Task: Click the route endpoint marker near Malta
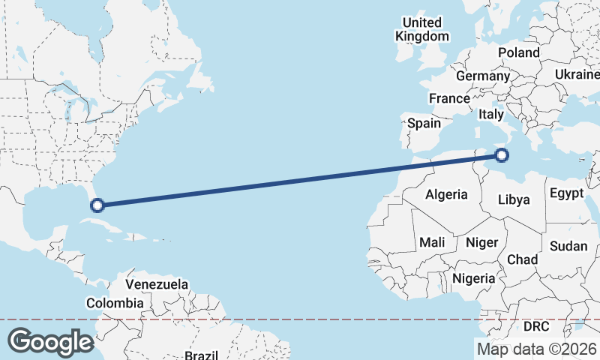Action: click(502, 156)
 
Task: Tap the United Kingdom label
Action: click(422, 29)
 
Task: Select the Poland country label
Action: click(518, 52)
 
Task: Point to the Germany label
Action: click(482, 76)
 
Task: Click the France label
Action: click(449, 98)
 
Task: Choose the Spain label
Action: click(424, 123)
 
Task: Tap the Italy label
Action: click(490, 115)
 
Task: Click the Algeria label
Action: click(446, 195)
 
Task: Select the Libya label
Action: click(514, 199)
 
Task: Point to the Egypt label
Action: click(566, 193)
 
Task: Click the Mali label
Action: click(432, 242)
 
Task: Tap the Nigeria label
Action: click(474, 279)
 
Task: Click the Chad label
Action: click(523, 259)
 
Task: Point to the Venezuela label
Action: click(157, 285)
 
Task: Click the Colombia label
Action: click(114, 303)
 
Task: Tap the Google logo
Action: click(50, 341)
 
